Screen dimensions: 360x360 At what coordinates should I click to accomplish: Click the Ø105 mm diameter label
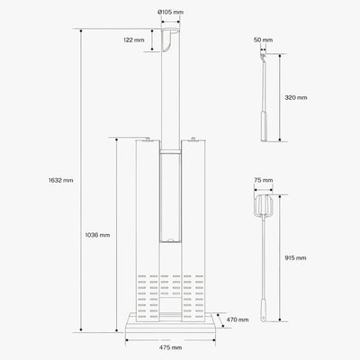(170, 13)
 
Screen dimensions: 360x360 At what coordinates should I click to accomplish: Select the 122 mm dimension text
(133, 40)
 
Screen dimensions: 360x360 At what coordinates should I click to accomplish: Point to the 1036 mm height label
(98, 235)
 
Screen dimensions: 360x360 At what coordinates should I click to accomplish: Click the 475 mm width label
(171, 347)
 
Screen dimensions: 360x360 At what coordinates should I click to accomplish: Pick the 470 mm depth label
(237, 319)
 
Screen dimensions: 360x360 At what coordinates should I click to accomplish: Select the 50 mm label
(263, 40)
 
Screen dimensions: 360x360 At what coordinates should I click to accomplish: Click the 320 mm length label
(295, 96)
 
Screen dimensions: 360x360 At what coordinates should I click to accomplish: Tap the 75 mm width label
(263, 180)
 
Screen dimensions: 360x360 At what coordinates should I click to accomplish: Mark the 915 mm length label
(295, 257)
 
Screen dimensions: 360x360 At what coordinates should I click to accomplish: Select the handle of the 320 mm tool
(265, 125)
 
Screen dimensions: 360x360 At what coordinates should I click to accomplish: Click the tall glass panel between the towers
(170, 198)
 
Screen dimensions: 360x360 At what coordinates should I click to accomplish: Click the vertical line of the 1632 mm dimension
(82, 180)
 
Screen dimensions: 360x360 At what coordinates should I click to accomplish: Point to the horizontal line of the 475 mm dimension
(171, 339)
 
